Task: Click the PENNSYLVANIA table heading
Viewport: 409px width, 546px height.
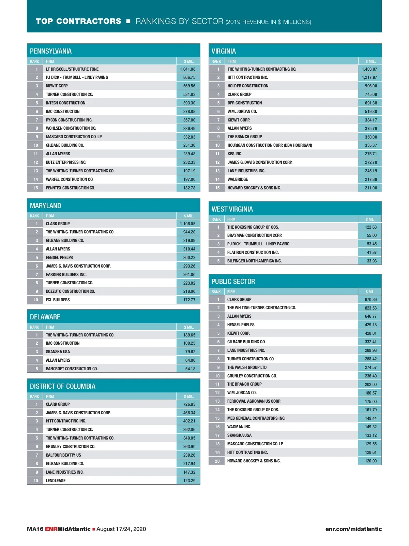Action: click(x=51, y=51)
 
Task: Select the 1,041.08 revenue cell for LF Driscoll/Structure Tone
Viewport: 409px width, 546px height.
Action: click(x=188, y=69)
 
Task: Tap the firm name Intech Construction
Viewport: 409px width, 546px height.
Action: click(x=66, y=103)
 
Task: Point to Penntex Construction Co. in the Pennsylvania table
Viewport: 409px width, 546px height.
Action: click(x=71, y=188)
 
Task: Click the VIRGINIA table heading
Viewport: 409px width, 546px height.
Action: click(x=224, y=51)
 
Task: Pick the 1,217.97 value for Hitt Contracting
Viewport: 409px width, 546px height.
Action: click(x=369, y=77)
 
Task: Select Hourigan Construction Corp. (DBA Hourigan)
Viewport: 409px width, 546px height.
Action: click(x=270, y=145)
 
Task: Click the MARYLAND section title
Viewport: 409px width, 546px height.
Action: click(x=46, y=206)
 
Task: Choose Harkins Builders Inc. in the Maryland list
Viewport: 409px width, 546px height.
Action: click(x=66, y=274)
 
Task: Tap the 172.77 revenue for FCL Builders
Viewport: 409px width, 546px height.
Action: click(x=189, y=300)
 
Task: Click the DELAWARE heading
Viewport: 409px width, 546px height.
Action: click(x=45, y=317)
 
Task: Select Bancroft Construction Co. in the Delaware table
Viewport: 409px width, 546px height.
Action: click(x=72, y=369)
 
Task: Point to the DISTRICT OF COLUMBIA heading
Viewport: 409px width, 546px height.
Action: click(x=63, y=386)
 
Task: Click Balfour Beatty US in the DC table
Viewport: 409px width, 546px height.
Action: click(x=63, y=455)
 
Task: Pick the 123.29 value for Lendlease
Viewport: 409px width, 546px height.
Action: click(x=189, y=480)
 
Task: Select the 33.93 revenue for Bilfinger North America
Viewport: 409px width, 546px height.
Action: click(x=372, y=261)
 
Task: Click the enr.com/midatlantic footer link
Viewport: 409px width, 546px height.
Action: click(x=353, y=529)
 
